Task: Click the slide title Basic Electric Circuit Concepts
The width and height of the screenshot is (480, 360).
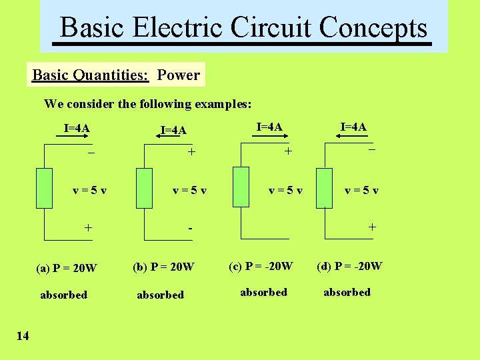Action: click(x=243, y=28)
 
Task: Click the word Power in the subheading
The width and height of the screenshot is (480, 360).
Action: click(x=179, y=75)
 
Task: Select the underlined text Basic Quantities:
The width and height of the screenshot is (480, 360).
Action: click(x=91, y=75)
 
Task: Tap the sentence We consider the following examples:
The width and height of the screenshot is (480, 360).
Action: click(x=148, y=104)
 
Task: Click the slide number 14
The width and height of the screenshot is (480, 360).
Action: click(x=23, y=335)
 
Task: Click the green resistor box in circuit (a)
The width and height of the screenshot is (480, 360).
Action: click(x=45, y=189)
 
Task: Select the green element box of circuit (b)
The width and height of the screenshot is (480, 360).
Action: click(x=144, y=189)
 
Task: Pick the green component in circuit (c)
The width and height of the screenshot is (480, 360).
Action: click(x=241, y=187)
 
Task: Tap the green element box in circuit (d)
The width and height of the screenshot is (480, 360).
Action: click(x=324, y=189)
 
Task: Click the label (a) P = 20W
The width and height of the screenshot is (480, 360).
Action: click(x=67, y=269)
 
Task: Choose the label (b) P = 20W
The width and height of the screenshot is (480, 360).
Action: click(x=163, y=267)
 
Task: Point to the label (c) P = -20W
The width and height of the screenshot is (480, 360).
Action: click(x=261, y=266)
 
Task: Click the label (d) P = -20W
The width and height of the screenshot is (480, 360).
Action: click(x=349, y=266)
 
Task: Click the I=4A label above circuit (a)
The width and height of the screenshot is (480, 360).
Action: click(x=77, y=128)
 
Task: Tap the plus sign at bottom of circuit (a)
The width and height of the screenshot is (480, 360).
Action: click(x=88, y=227)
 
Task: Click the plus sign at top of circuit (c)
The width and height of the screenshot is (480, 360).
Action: click(x=288, y=151)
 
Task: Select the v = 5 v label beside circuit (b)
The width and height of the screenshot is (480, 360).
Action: click(x=189, y=190)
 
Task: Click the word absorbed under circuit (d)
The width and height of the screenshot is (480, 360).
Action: click(x=347, y=292)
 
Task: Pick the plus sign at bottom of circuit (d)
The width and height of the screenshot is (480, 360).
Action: click(x=372, y=227)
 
